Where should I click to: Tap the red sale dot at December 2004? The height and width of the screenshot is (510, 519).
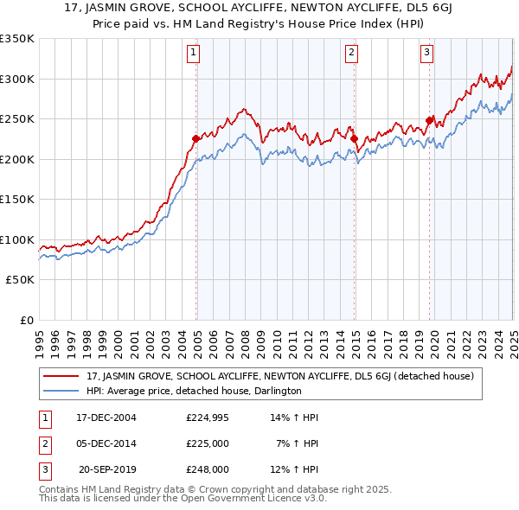coord(196,138)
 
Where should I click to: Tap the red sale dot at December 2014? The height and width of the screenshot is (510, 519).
coord(354,138)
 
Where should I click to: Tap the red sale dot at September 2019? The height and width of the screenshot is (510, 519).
coord(430,120)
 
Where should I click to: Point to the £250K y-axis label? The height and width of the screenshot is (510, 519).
coord(16,119)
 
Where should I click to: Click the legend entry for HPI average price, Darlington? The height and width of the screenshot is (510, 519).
coord(193,391)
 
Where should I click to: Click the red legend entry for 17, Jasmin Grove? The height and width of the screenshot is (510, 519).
coord(279,377)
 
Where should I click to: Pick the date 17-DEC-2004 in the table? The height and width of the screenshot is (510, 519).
coord(106,418)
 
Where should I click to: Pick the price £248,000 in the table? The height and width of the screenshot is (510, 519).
coord(207,470)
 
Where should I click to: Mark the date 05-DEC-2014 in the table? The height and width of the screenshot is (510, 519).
coord(106,444)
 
